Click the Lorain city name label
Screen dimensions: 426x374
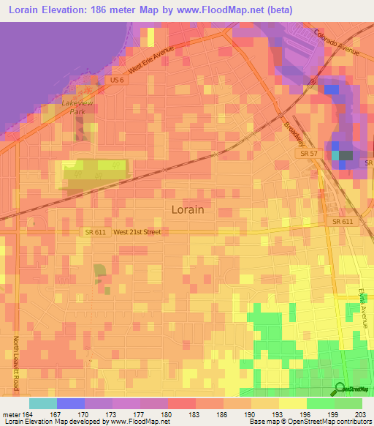point(187,209)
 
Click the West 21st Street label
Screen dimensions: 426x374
point(137,231)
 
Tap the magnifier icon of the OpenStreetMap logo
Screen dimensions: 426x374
point(340,389)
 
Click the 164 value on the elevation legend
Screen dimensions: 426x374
point(28,414)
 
